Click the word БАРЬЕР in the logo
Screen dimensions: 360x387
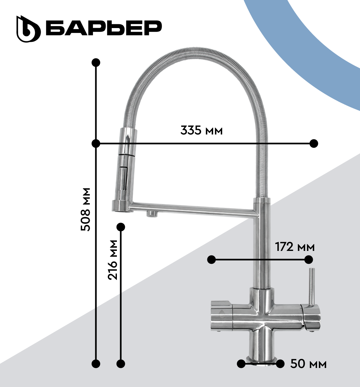point(104,28)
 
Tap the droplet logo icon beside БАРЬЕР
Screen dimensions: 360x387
point(28,29)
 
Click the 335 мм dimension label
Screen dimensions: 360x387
point(201,130)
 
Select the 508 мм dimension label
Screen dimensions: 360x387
point(86,210)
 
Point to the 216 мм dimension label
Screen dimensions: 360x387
point(113,260)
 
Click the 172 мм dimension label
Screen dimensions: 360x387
point(295,247)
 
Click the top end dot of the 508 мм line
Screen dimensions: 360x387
point(96,63)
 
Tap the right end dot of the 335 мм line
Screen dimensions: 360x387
point(314,144)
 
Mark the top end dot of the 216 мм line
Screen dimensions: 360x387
point(120,227)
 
